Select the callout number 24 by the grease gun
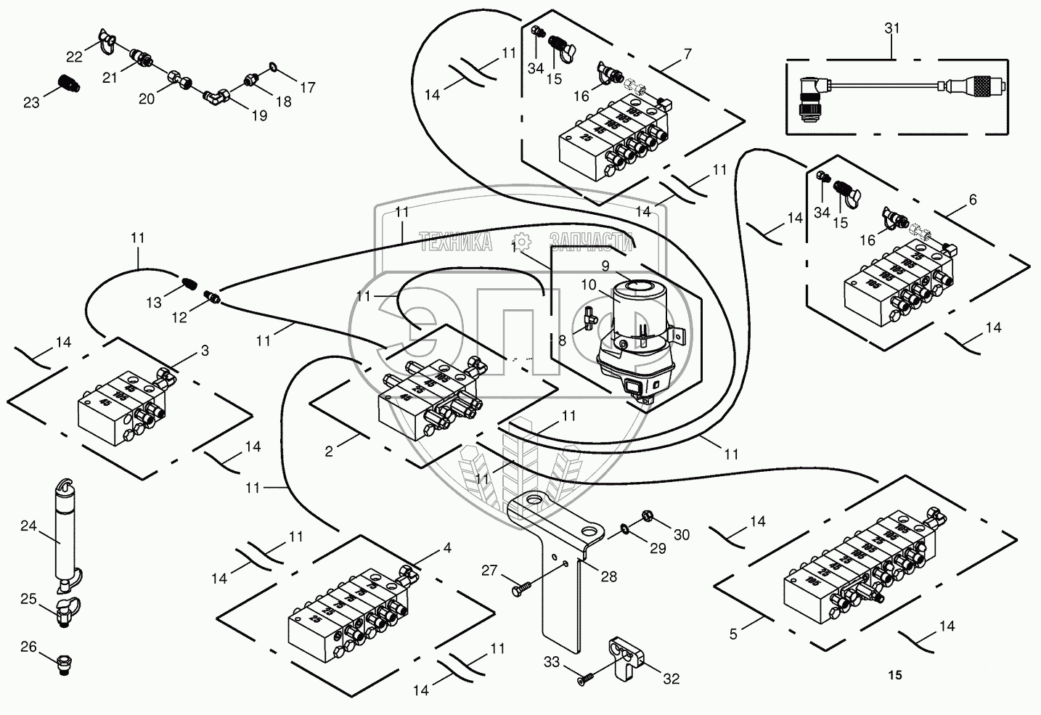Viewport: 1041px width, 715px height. (x=28, y=527)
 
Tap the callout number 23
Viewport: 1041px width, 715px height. (x=31, y=103)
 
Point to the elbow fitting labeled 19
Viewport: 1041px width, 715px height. (x=216, y=94)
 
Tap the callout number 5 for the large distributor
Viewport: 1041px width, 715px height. (x=733, y=634)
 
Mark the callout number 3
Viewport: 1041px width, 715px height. (x=205, y=351)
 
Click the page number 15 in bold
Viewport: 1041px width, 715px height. (x=894, y=675)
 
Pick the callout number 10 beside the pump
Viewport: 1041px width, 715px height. (x=587, y=285)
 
